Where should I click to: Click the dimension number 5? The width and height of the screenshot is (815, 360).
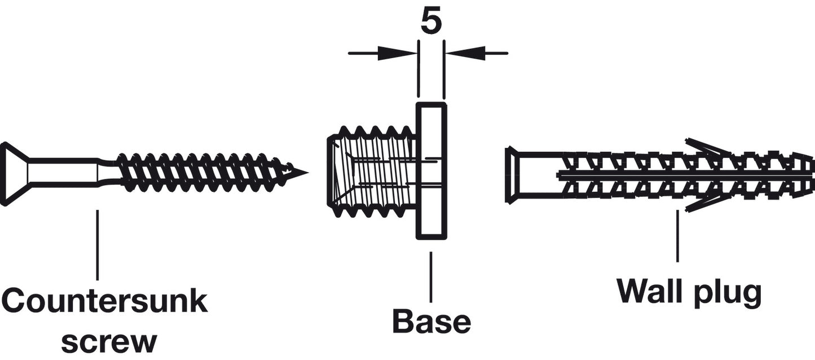click(431, 21)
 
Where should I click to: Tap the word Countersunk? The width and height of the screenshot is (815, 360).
click(105, 300)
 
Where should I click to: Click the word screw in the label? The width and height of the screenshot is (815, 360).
click(109, 341)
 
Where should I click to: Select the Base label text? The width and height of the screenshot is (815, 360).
click(431, 321)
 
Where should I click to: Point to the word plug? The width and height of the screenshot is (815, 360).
click(728, 294)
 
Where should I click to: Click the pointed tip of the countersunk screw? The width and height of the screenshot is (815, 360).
click(308, 173)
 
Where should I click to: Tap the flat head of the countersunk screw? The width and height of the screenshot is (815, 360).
click(15, 174)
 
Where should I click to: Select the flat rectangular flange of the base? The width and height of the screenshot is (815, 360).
click(431, 171)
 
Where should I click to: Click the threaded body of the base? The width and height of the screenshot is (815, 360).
click(372, 172)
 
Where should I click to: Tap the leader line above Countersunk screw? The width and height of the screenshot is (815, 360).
click(97, 245)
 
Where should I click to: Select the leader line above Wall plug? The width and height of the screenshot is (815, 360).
click(677, 236)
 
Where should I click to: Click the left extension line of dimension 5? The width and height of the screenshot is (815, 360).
click(418, 69)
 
